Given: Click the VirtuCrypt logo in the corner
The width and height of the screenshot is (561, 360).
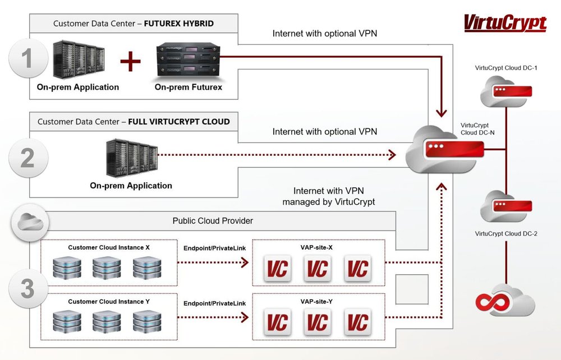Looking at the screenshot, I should [504, 23].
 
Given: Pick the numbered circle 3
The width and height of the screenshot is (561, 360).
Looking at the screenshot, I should [27, 289].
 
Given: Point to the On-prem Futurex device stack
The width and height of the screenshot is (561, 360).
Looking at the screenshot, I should [188, 60].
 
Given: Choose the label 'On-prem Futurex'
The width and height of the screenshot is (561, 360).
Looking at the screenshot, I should [188, 87].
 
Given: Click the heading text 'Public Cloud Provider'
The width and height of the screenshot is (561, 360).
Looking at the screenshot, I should [213, 221].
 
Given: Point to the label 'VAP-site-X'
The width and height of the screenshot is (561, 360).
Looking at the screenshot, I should [317, 247].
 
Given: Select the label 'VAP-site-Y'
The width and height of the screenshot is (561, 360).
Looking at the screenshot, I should [317, 302].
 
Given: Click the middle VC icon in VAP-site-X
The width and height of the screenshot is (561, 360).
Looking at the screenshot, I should [318, 269].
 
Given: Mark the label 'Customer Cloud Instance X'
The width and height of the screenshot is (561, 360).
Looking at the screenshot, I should [109, 247].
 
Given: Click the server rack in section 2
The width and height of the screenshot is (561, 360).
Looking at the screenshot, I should [131, 158].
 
